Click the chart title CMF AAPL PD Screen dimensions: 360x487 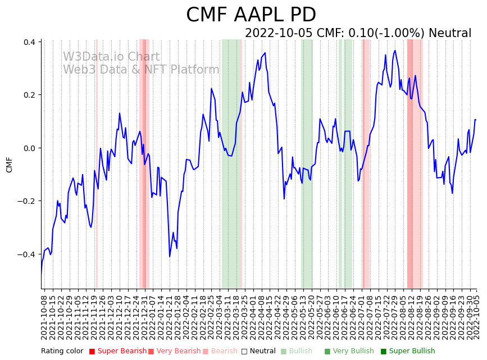(251, 15)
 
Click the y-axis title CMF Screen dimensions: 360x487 (9, 165)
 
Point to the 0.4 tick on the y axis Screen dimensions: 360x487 (29, 42)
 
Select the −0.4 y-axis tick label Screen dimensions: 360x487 (27, 254)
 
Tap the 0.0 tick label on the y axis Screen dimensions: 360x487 (29, 148)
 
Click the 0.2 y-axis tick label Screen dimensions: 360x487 (29, 95)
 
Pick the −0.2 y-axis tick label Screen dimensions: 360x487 (27, 201)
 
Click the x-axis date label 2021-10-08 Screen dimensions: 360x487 (44, 316)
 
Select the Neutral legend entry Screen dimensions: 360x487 (260, 351)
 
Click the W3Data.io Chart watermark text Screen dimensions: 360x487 (111, 57)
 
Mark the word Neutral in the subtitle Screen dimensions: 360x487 (449, 33)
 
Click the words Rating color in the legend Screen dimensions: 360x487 (62, 351)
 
